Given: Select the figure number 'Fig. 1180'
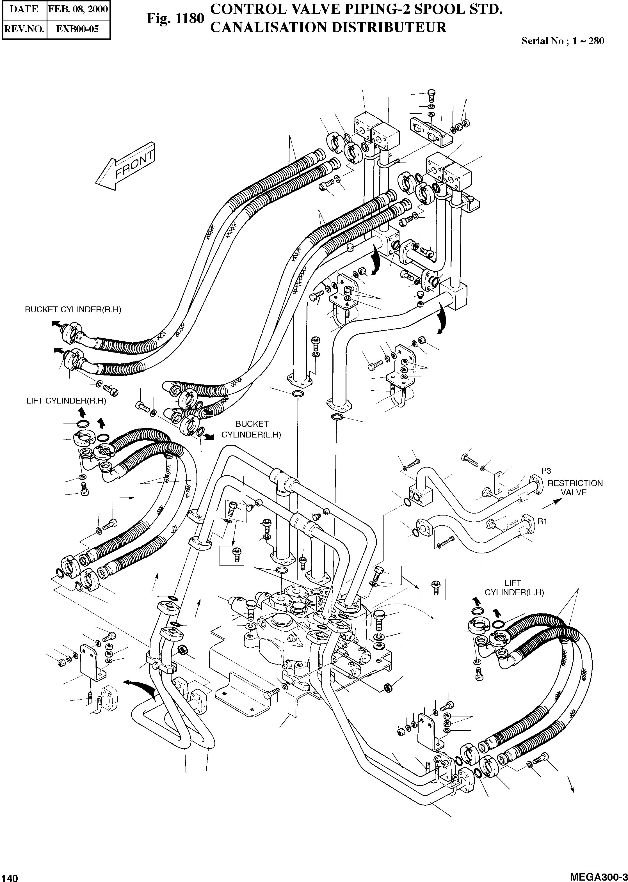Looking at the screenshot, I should tap(175, 19).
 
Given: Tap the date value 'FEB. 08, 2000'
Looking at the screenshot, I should tap(78, 9).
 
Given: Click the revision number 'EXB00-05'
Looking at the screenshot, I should tap(78, 29).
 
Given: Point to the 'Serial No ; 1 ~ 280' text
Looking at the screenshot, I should tap(563, 41).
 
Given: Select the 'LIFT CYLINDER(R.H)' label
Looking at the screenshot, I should tap(66, 401).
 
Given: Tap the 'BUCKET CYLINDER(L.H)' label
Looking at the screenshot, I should tap(251, 429).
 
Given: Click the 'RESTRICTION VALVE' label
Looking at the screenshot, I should tap(575, 488).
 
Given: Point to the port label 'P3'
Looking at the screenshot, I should tap(546, 471).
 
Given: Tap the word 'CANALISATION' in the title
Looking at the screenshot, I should tap(266, 28).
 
